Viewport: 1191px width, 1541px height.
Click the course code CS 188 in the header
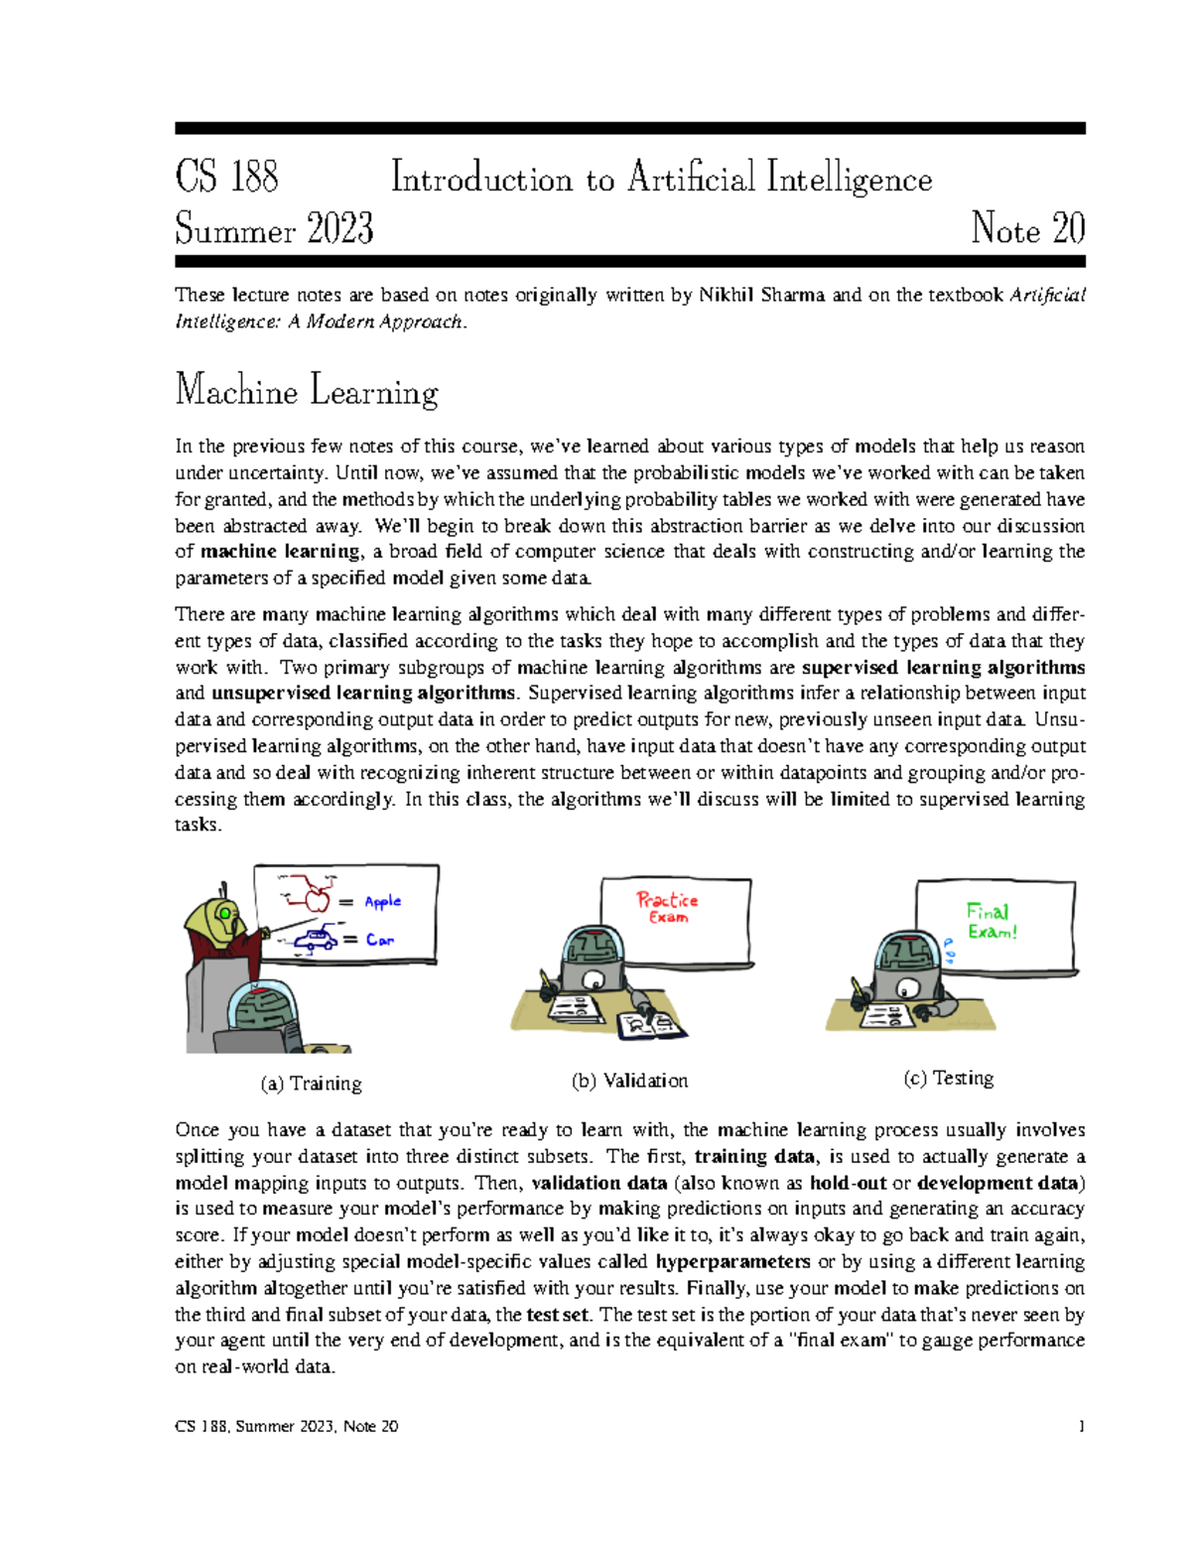[226, 178]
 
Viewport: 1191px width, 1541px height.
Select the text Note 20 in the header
[1027, 229]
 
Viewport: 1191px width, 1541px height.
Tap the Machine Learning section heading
[306, 391]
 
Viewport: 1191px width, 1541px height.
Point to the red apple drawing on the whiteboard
[317, 899]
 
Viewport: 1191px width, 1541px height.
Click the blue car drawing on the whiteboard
[316, 940]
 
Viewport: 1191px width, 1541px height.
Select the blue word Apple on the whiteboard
[382, 902]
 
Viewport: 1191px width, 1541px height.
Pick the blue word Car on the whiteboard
[379, 940]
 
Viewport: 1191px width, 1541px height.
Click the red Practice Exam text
[667, 907]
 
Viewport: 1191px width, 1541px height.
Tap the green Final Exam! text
[991, 921]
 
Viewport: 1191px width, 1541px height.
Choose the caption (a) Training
[311, 1084]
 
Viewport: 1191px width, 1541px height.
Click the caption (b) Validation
[629, 1081]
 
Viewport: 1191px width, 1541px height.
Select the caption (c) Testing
[948, 1078]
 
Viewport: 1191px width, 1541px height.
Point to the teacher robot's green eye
[226, 913]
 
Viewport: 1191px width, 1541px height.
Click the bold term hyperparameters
[732, 1261]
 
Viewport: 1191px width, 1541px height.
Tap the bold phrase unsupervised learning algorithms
[363, 693]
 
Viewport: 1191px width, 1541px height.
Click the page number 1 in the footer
[1081, 1426]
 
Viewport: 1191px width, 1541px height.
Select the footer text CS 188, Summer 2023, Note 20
[287, 1426]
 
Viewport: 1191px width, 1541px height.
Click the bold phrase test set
[558, 1314]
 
